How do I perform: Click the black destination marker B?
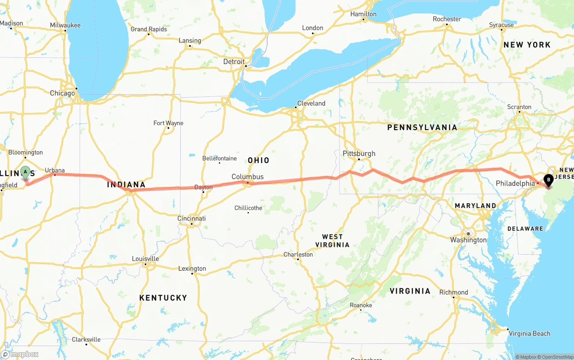tap(548, 181)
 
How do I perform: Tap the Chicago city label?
tap(62, 93)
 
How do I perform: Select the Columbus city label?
tap(248, 177)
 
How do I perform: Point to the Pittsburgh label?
tap(359, 153)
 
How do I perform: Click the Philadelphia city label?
tap(515, 183)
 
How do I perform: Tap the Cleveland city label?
tap(311, 103)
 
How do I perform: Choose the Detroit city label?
tap(234, 61)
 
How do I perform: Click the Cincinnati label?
tap(191, 218)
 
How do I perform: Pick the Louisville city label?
tap(145, 259)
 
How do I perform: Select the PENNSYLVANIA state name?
tap(422, 127)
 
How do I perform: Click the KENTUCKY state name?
tap(163, 298)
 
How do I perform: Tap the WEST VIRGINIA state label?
tap(332, 241)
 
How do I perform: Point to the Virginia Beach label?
tap(530, 334)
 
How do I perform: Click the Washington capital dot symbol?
tap(468, 234)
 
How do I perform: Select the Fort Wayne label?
tap(168, 123)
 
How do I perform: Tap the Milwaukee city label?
tap(65, 25)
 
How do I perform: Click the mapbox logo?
tap(20, 354)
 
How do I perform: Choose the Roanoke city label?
tap(361, 305)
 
